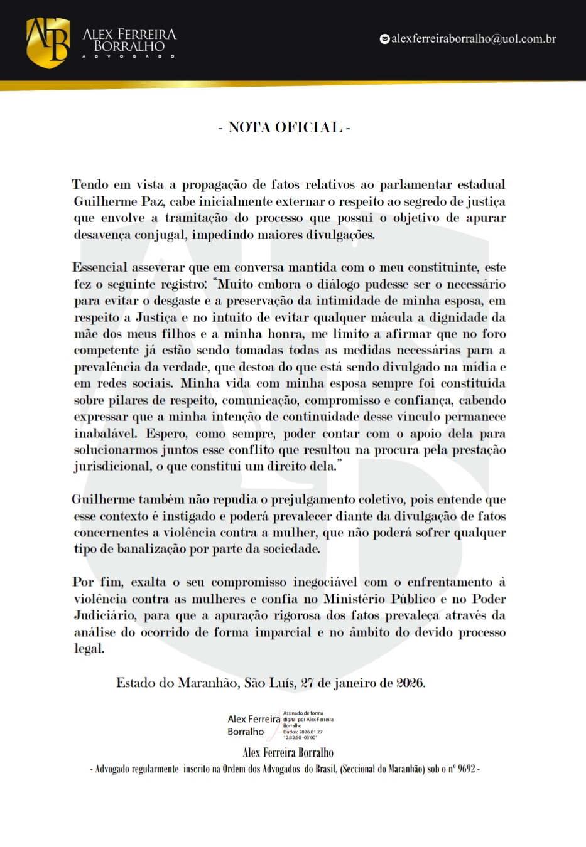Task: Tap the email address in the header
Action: coord(474,39)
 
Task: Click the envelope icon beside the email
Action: coord(384,39)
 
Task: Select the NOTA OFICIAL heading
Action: coord(285,127)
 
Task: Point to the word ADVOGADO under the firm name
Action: coord(128,56)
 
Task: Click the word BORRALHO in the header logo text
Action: coord(129,46)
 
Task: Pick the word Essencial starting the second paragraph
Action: coord(100,267)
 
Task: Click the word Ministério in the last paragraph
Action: coord(354,599)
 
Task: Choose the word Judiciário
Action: coord(104,615)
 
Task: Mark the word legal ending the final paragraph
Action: coord(89,649)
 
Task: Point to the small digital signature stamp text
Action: coord(308,725)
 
